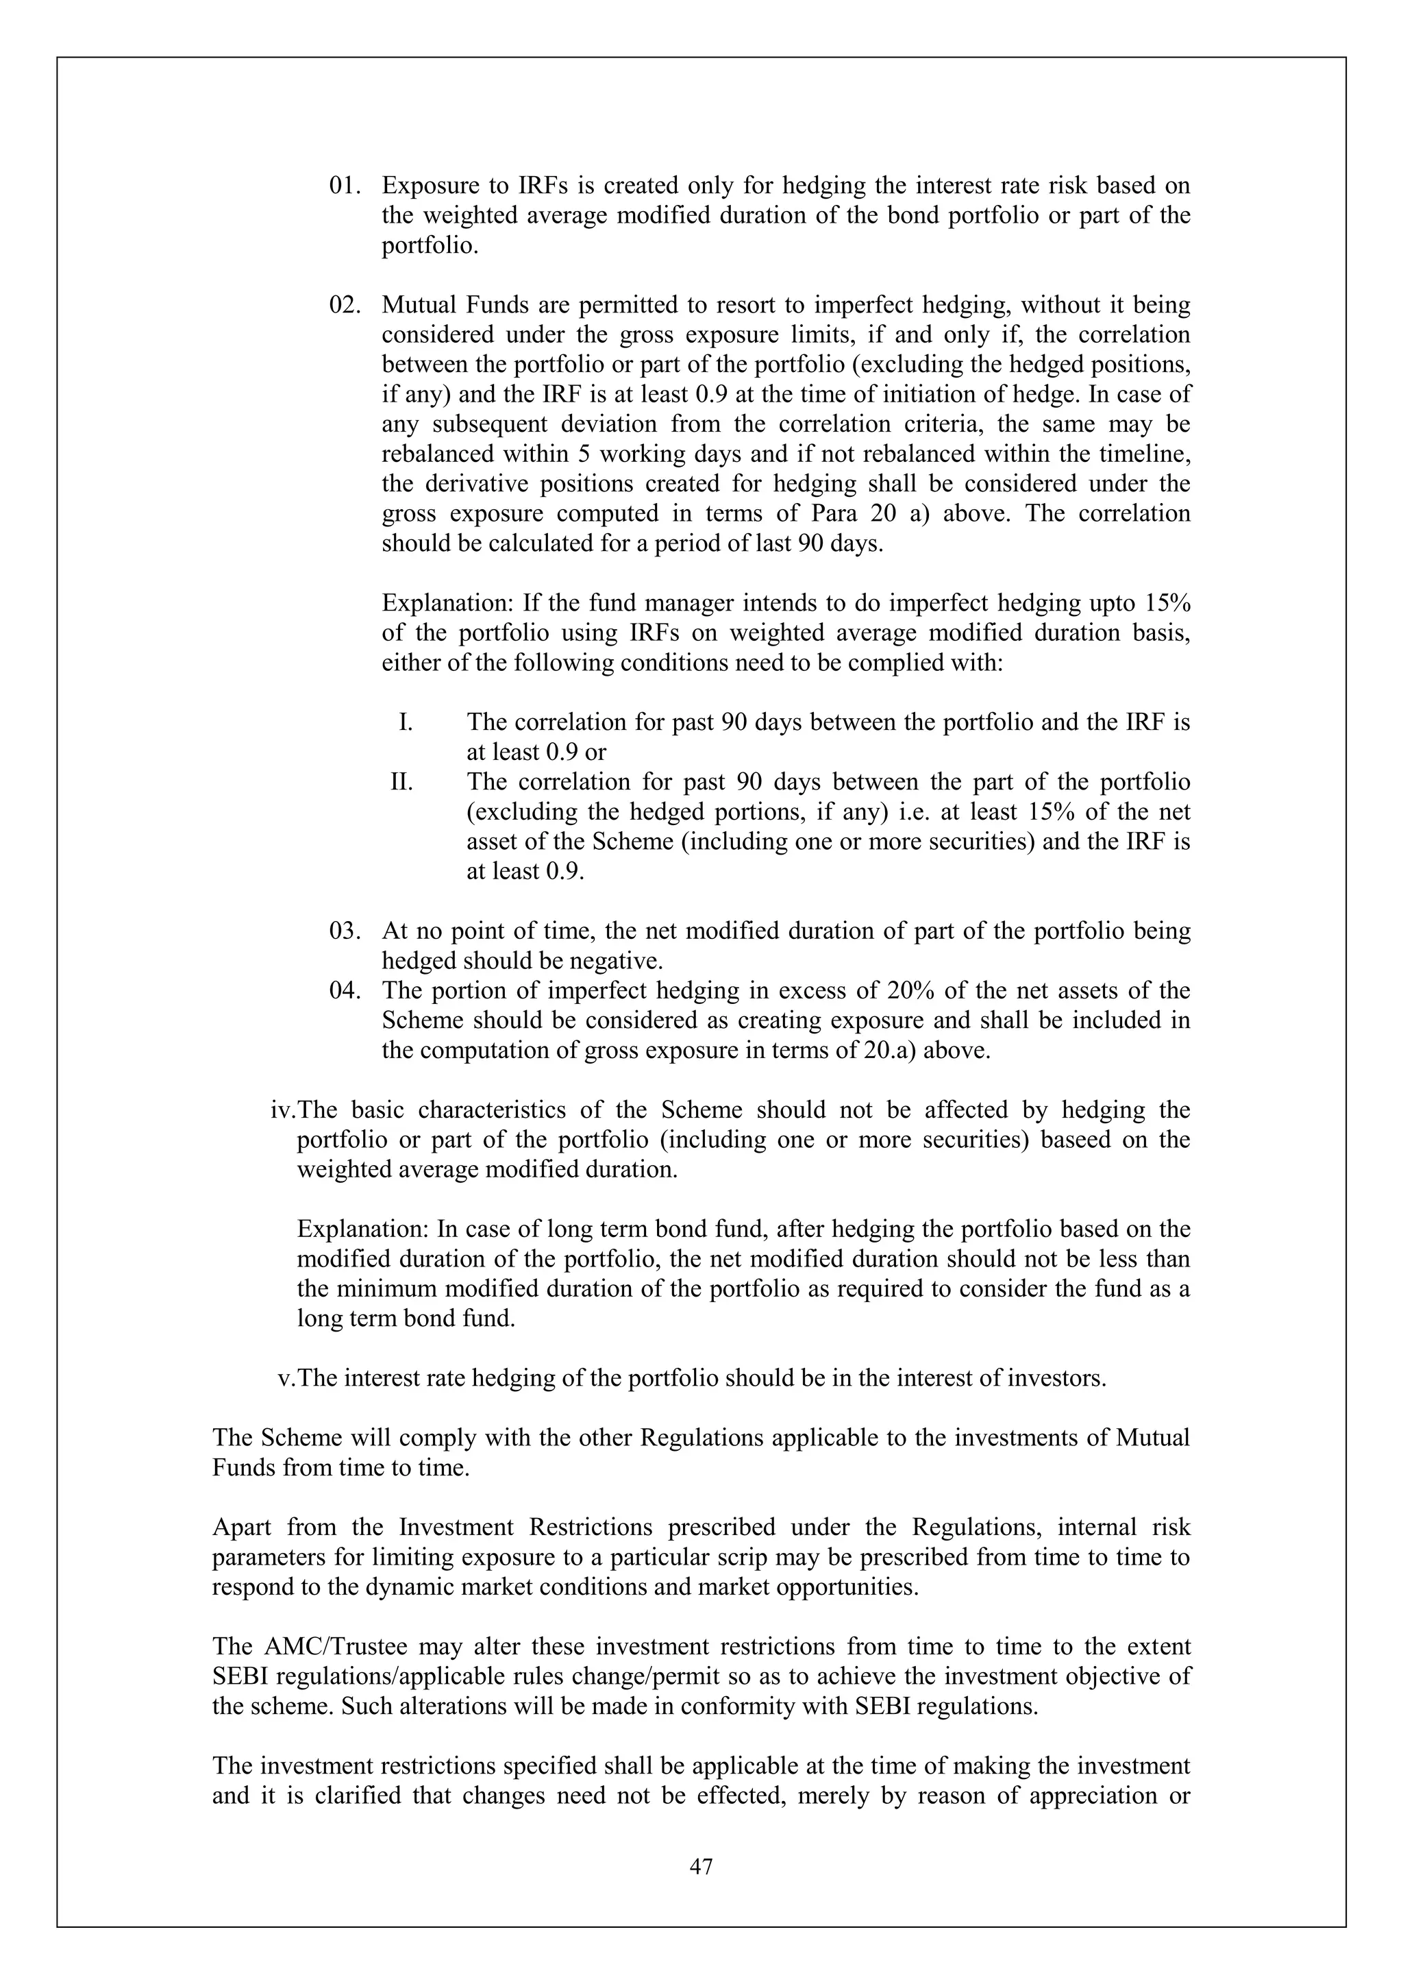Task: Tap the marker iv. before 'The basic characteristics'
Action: point(284,1110)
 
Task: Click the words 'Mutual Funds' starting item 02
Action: point(454,305)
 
